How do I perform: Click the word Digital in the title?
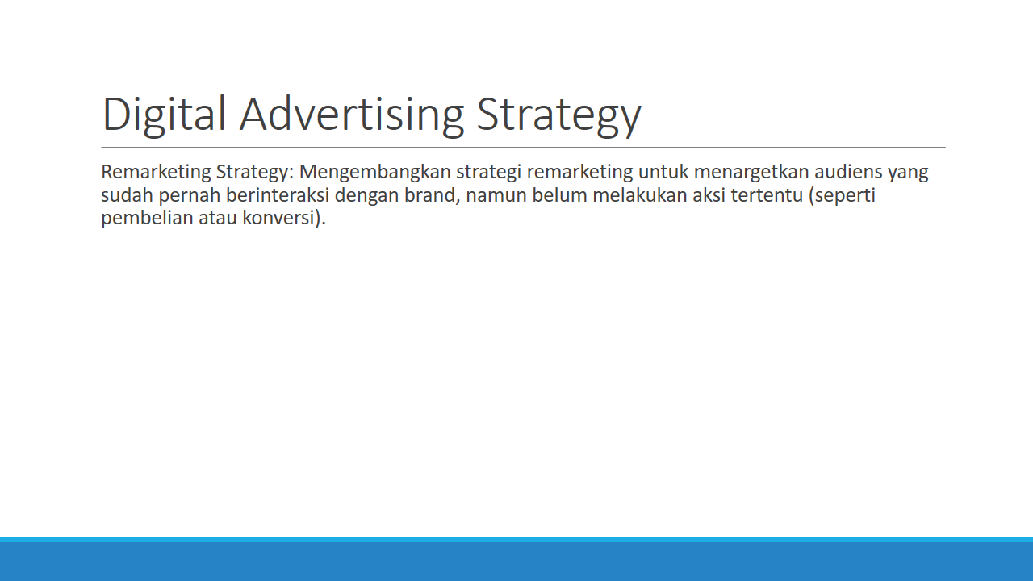(x=164, y=115)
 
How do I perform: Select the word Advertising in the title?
(x=351, y=115)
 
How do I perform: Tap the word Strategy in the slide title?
(x=558, y=115)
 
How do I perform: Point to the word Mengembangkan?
(x=375, y=173)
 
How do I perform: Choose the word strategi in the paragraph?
(x=489, y=173)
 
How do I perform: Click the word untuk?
(x=663, y=172)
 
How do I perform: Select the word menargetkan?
(x=751, y=173)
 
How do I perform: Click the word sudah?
(x=127, y=195)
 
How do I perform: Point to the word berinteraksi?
(x=277, y=195)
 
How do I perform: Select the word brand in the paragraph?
(x=432, y=195)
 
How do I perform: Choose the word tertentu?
(x=767, y=196)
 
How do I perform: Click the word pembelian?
(x=147, y=218)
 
